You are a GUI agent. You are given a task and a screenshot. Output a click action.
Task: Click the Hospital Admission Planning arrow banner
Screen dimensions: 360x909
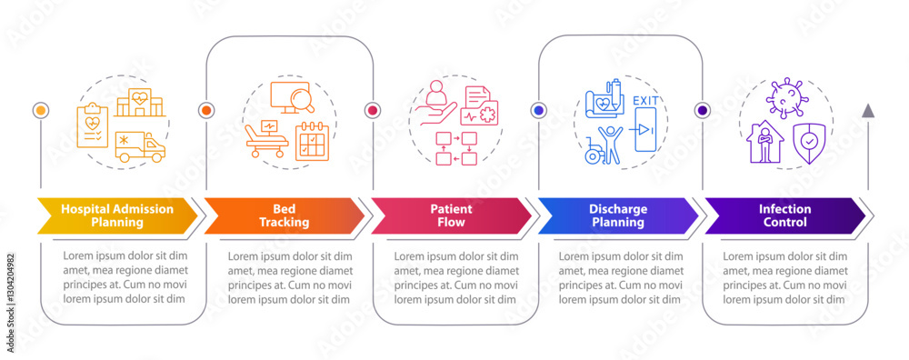[116, 215]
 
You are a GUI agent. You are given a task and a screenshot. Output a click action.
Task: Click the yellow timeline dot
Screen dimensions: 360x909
[40, 110]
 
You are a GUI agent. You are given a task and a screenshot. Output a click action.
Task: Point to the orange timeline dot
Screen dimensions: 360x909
[205, 110]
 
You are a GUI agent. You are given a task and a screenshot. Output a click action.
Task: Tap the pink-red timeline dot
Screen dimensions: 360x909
[372, 110]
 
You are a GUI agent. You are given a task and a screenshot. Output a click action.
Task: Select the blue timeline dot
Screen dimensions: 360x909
[538, 110]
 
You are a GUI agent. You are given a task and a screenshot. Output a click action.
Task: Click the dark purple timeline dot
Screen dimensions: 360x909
[702, 110]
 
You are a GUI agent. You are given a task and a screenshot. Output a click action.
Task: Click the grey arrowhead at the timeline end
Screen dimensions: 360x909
[868, 111]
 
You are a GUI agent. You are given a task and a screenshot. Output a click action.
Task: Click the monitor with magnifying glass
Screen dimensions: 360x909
[293, 99]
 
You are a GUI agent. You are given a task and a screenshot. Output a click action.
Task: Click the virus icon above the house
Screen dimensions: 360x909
[784, 97]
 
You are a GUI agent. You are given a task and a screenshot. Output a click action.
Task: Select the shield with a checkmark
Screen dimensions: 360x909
[805, 141]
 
